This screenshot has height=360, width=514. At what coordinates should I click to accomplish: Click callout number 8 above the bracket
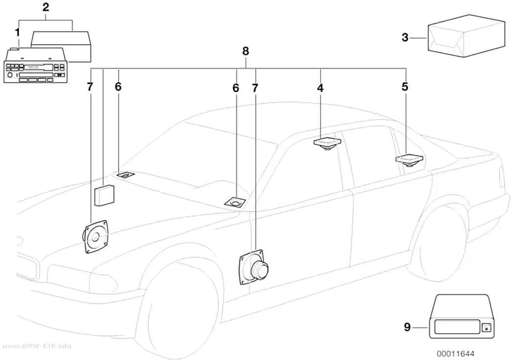pos(246,51)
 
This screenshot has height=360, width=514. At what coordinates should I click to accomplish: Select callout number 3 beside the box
pos(405,37)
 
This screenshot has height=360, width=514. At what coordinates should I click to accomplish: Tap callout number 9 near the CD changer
pos(407,327)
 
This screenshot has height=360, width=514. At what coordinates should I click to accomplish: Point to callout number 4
pos(320,88)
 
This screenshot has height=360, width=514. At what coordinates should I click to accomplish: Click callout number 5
pos(405,87)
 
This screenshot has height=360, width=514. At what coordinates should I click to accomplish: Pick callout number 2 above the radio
pos(46,7)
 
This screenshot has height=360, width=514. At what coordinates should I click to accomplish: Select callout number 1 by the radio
pos(17,32)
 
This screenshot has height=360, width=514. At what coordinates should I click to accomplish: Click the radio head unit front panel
pos(35,72)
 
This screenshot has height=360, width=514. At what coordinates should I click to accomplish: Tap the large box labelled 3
pos(466,36)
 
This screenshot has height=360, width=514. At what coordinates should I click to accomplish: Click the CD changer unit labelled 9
pos(461,316)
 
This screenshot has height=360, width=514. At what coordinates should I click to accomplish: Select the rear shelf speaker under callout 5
pos(409,159)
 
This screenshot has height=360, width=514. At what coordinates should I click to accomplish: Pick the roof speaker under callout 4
pos(327,144)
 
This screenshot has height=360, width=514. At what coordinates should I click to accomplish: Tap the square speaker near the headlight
pos(94,237)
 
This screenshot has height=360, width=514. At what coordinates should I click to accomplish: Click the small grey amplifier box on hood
pos(104,195)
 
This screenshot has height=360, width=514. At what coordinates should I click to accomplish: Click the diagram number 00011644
pos(455,354)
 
